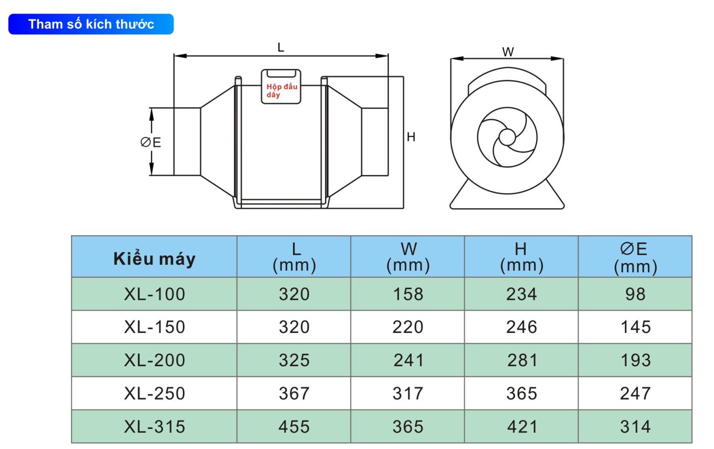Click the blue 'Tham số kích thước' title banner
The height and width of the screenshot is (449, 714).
(91, 24)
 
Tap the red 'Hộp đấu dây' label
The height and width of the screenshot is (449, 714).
(282, 91)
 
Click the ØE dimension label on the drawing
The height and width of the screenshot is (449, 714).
(151, 142)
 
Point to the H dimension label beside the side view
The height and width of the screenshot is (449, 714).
(411, 137)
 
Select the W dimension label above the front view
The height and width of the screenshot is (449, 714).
(508, 52)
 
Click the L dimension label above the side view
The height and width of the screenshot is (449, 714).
(281, 48)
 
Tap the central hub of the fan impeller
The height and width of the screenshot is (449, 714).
(507, 138)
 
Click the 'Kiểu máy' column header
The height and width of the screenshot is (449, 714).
(154, 258)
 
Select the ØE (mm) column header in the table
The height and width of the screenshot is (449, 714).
(635, 258)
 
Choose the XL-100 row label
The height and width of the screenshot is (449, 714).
(154, 294)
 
